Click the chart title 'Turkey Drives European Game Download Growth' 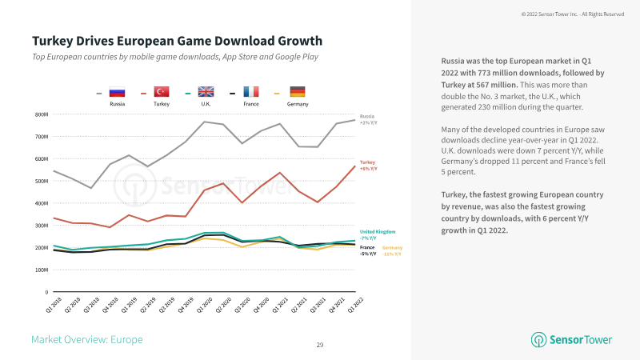(x=178, y=40)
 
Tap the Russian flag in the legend (x=117, y=93)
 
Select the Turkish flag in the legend (x=161, y=93)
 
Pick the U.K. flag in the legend (x=206, y=93)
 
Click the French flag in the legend (x=251, y=93)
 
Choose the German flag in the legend (x=297, y=93)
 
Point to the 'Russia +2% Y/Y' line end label (x=368, y=120)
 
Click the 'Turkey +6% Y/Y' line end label (x=368, y=165)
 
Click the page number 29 (x=320, y=345)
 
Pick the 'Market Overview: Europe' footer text (x=86, y=340)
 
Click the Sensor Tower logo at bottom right (x=570, y=340)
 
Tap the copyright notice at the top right (x=572, y=14)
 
